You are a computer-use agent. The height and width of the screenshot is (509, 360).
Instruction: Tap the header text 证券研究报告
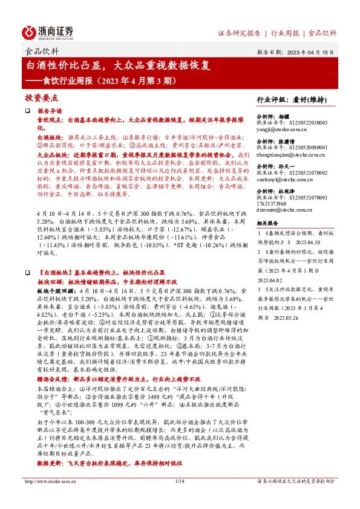239,33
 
